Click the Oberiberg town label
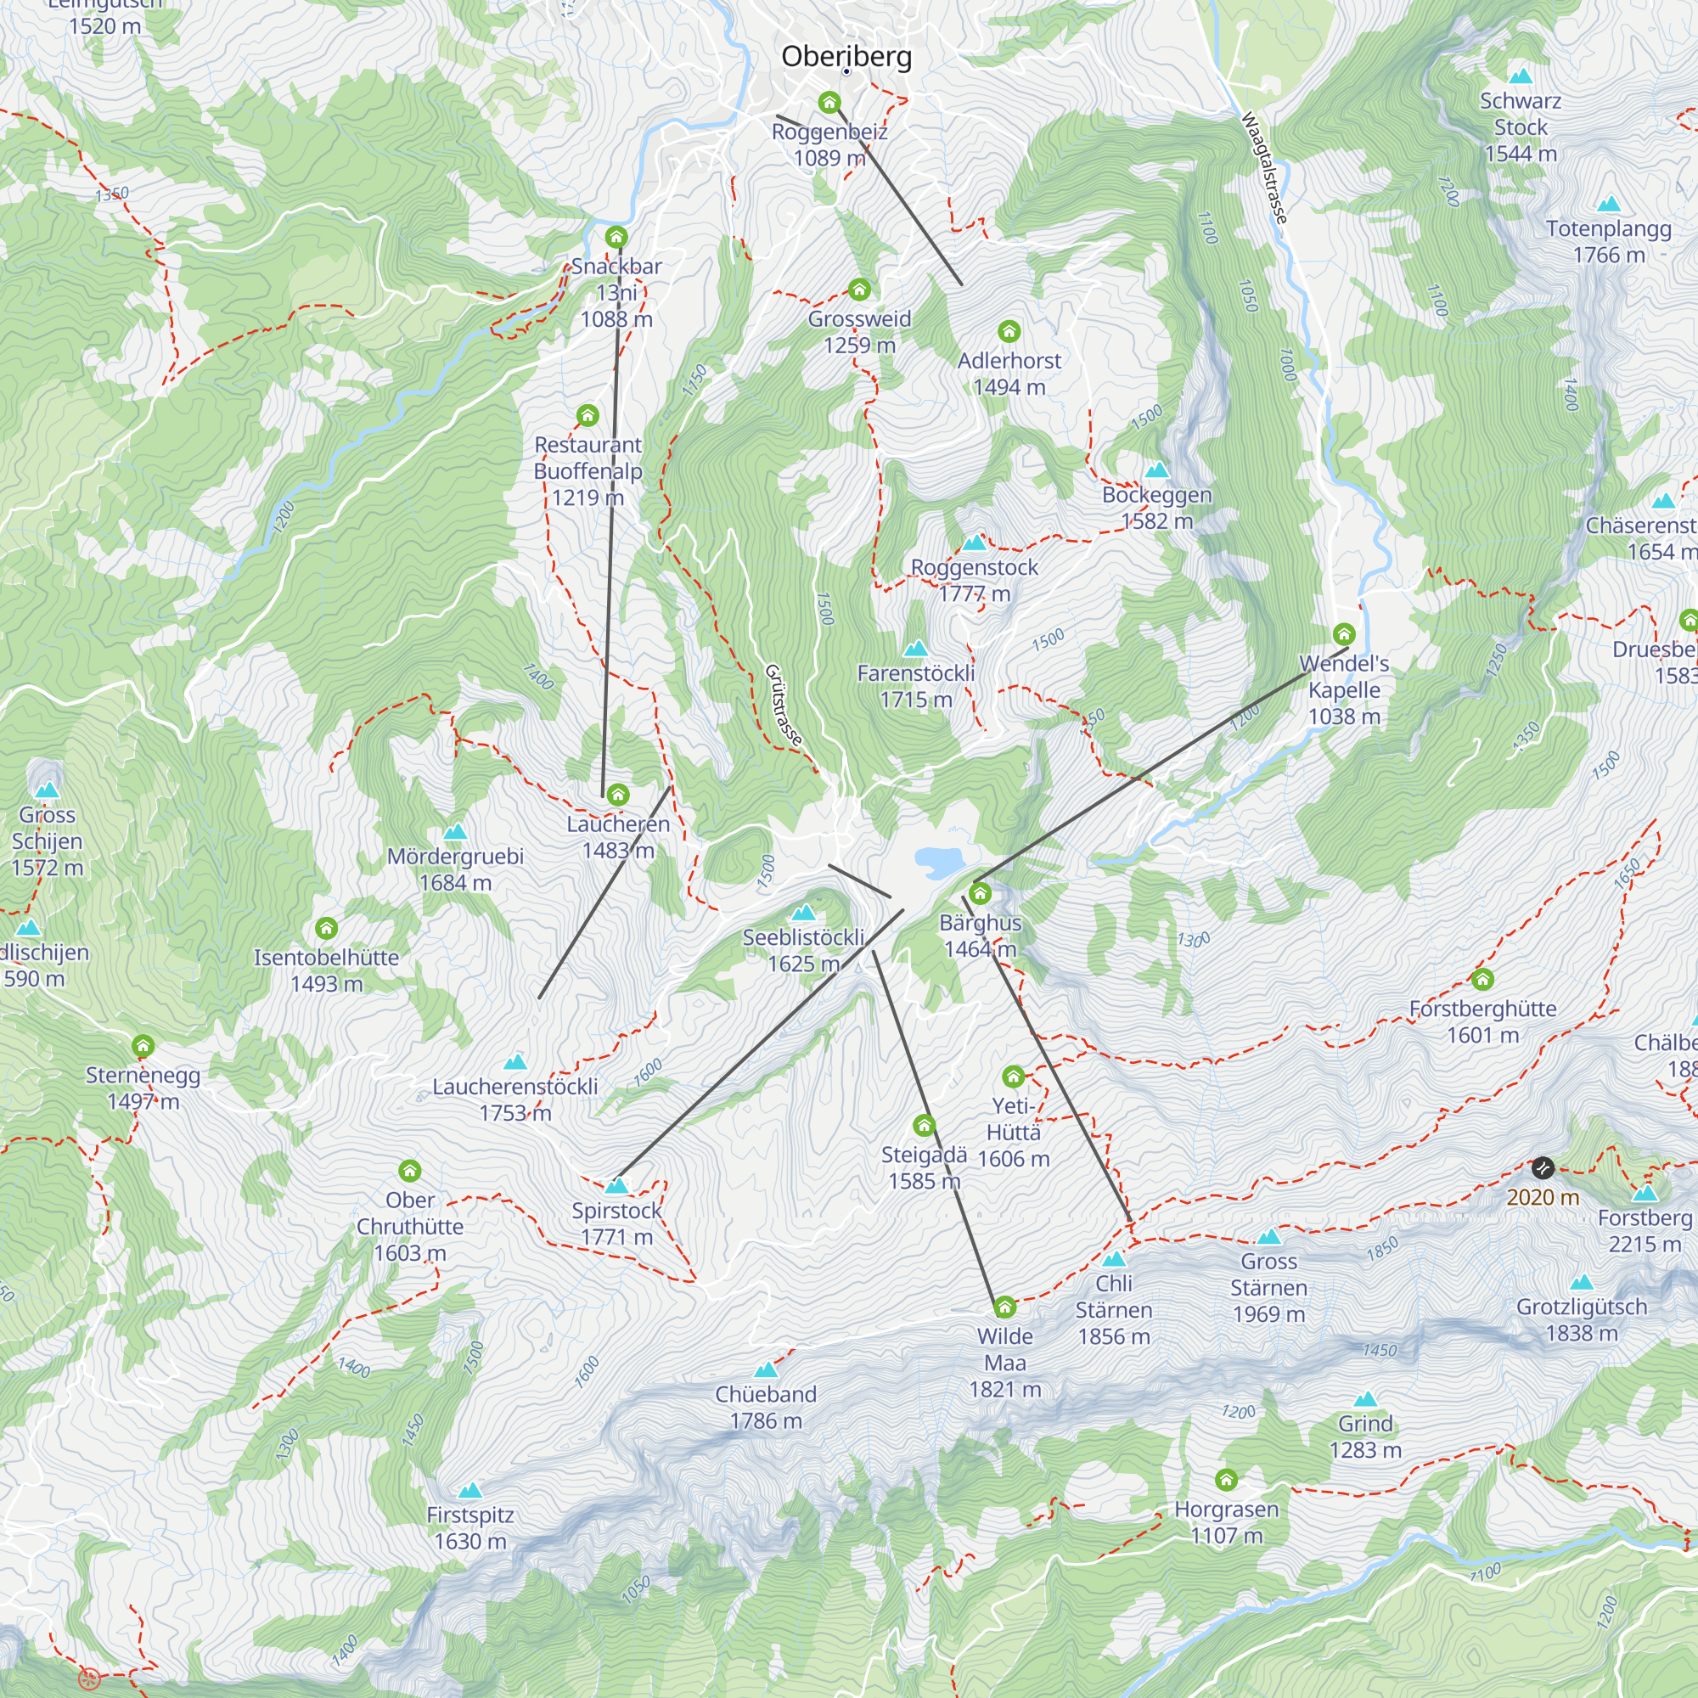tap(846, 56)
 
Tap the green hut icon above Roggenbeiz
tap(829, 103)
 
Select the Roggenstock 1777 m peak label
tap(974, 580)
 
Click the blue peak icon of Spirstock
tap(617, 1185)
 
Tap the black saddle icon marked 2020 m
tap(1543, 1168)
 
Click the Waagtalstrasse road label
tap(1265, 167)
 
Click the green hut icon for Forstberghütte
tap(1482, 979)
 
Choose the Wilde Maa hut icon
tap(1004, 1307)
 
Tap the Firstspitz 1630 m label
tap(470, 1527)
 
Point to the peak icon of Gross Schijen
tap(47, 790)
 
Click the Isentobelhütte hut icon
tap(326, 928)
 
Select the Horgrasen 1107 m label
tap(1226, 1521)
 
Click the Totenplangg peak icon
tap(1608, 204)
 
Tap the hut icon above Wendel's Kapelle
tap(1343, 633)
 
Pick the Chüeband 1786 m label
tap(766, 1407)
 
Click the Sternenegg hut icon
tap(143, 1046)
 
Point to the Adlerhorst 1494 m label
tap(1009, 374)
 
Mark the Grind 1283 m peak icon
tap(1365, 1398)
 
